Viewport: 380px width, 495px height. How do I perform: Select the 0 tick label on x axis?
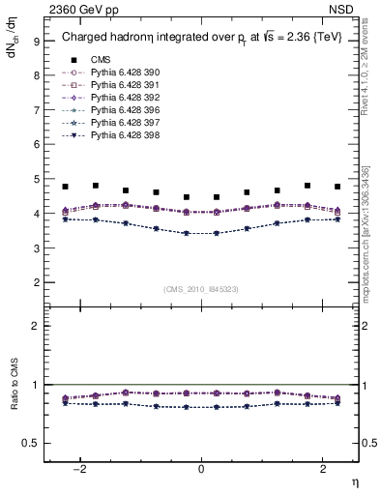[201, 468]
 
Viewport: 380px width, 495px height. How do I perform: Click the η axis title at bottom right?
[354, 480]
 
